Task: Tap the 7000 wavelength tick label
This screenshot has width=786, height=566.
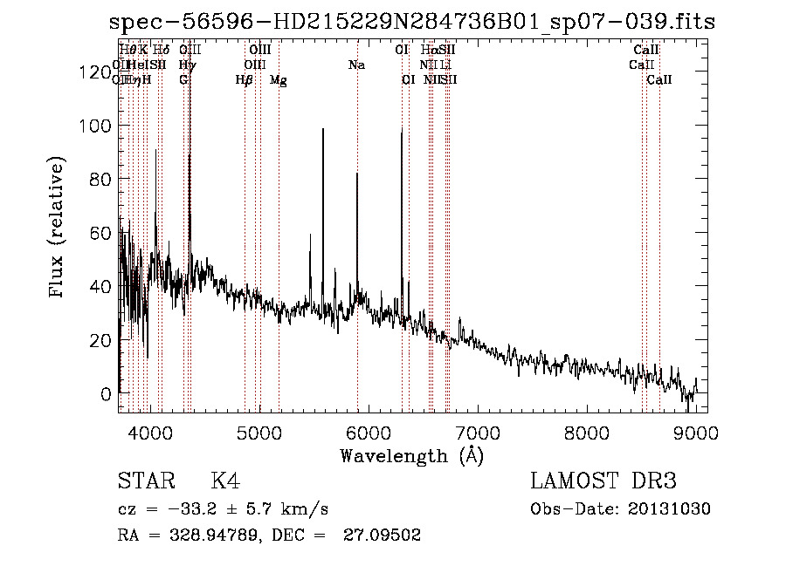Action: [x=478, y=433]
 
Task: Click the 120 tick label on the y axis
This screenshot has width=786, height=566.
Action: [x=94, y=73]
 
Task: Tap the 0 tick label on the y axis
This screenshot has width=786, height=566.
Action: [x=107, y=393]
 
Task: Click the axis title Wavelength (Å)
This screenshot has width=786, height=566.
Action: [x=411, y=455]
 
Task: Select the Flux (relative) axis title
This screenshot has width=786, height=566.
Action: [x=59, y=228]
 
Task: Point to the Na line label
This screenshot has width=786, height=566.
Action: [x=356, y=65]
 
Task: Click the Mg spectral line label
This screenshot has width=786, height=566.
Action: [x=279, y=80]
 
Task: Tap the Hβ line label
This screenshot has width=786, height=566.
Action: [x=245, y=80]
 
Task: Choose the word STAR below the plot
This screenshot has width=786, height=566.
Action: [x=146, y=481]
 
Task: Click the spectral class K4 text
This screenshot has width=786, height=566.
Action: [x=225, y=481]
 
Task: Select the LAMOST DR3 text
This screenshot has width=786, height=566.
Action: [x=603, y=481]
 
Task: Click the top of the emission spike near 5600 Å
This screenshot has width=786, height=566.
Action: [x=323, y=129]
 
